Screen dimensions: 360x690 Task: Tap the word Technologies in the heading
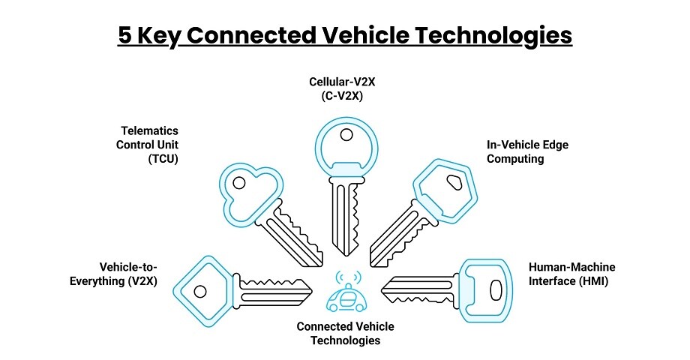click(x=491, y=35)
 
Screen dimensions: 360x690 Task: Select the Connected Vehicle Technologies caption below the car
click(x=345, y=333)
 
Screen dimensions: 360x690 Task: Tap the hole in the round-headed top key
click(x=345, y=136)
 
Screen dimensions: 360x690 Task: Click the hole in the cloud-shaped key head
click(x=238, y=183)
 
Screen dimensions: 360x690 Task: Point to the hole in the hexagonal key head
click(x=453, y=181)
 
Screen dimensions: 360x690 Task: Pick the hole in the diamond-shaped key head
click(x=200, y=290)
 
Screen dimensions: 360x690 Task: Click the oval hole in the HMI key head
click(x=494, y=289)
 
